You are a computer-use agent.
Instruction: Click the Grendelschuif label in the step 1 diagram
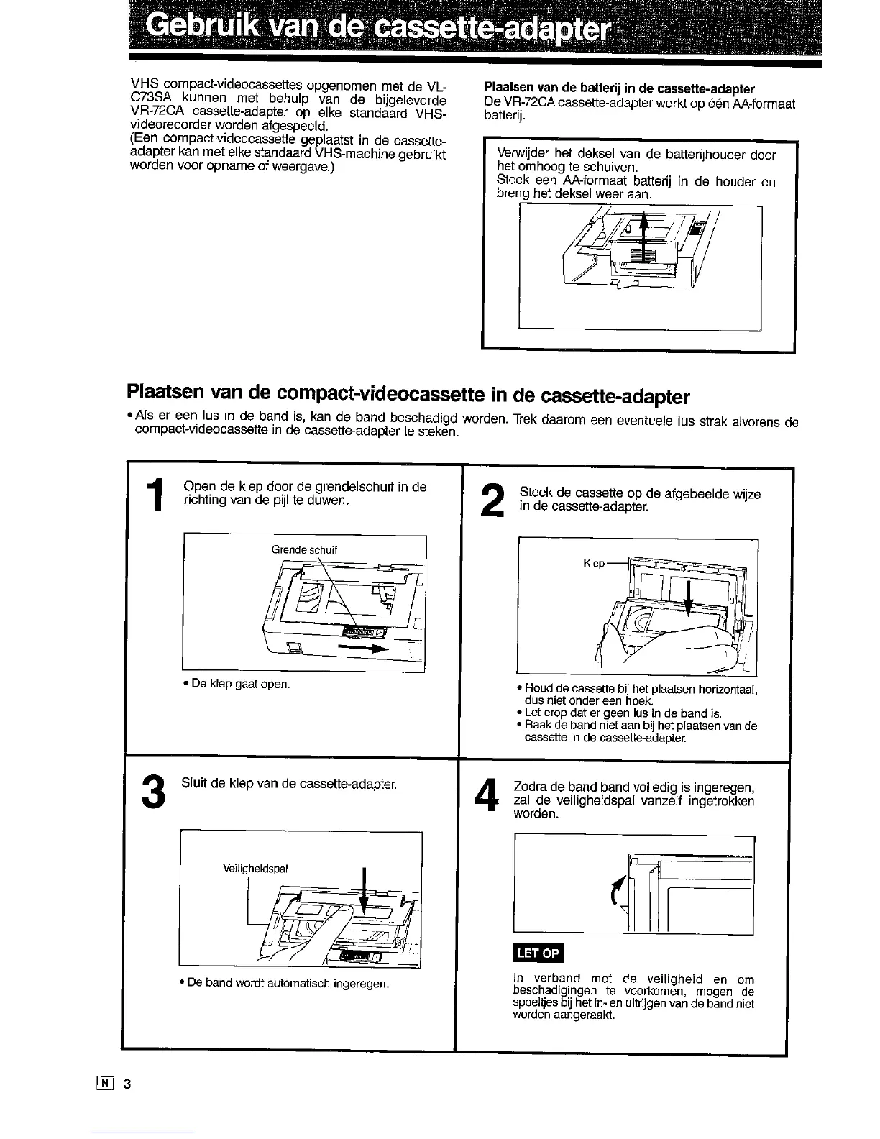click(304, 550)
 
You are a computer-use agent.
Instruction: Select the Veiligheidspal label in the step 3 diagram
click(255, 868)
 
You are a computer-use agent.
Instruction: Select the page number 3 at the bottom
click(126, 1084)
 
